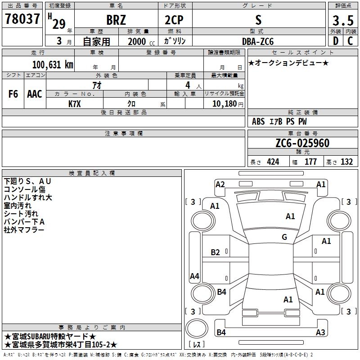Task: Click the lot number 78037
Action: tap(22, 19)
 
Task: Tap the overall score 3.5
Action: tap(342, 21)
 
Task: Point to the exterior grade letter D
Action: tap(336, 40)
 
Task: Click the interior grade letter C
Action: tap(350, 40)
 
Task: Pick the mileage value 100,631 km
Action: tap(53, 64)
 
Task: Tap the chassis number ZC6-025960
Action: tap(302, 144)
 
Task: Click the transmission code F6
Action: tap(13, 94)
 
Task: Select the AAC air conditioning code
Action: tap(34, 94)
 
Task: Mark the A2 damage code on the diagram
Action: tap(220, 184)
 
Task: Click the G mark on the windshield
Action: tap(284, 237)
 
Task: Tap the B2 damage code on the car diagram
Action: tap(216, 252)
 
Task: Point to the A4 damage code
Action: tap(194, 276)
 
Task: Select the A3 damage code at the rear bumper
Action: tap(320, 333)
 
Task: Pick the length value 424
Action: tap(272, 162)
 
